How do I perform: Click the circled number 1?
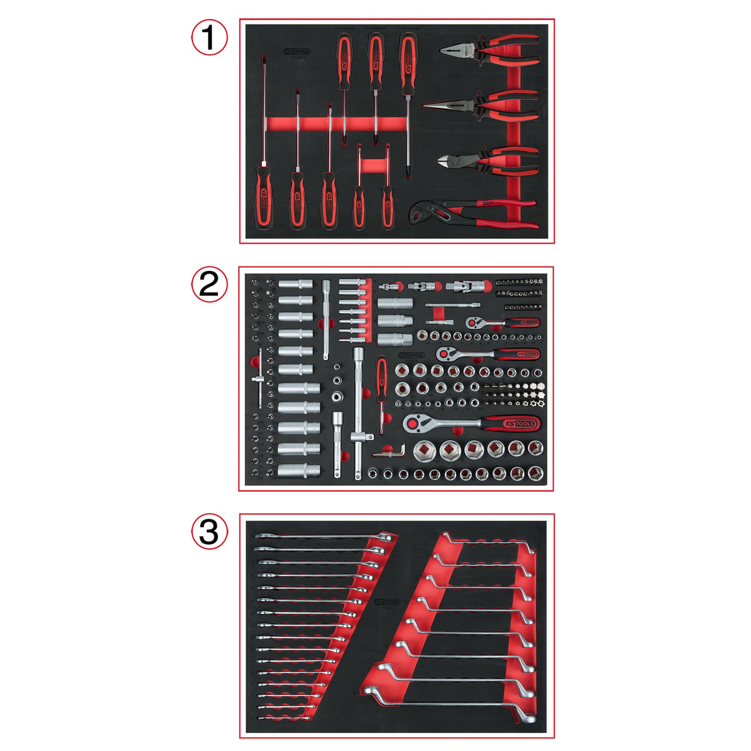[209, 37]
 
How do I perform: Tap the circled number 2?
[209, 284]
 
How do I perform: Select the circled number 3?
[209, 532]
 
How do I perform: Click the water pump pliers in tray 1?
[474, 214]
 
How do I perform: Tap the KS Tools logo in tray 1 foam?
[297, 52]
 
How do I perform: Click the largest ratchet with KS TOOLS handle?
[469, 423]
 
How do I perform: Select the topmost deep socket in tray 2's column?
[296, 285]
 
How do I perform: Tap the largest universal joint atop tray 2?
[467, 285]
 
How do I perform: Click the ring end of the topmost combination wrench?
[385, 536]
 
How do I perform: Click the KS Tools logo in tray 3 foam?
[387, 602]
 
